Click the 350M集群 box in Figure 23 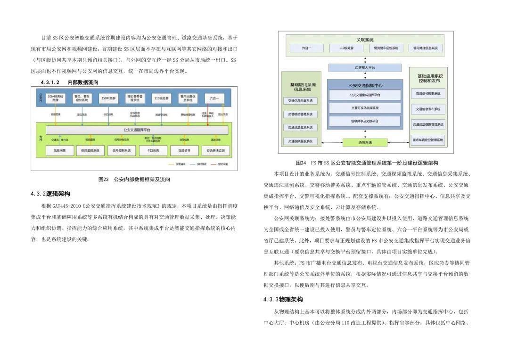pyautogui.click(x=108, y=99)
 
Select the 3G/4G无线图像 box pyautogui.click(x=56, y=99)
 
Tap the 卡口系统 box pyautogui.click(x=153, y=151)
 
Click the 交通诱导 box pyautogui.click(x=184, y=151)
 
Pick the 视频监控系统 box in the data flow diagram pyautogui.click(x=90, y=151)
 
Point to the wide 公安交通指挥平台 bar pyautogui.click(x=137, y=130)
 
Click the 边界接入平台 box pyautogui.click(x=365, y=68)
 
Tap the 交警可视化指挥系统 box pyautogui.click(x=365, y=108)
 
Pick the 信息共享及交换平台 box pyautogui.click(x=365, y=121)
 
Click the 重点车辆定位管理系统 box pyautogui.click(x=428, y=140)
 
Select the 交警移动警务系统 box pyautogui.click(x=300, y=114)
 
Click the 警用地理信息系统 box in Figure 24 pyautogui.click(x=426, y=48)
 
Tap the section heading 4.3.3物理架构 pyautogui.click(x=283, y=300)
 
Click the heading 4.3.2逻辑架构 pyautogui.click(x=50, y=194)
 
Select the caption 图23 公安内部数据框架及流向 pyautogui.click(x=134, y=180)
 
